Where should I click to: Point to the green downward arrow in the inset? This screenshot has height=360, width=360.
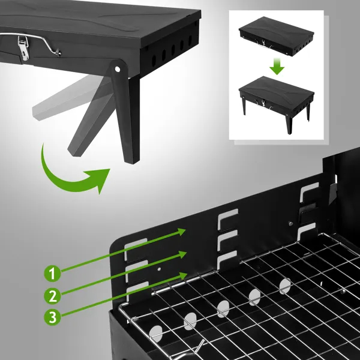[x=277, y=65]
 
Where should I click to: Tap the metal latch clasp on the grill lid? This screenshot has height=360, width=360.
[x=23, y=47]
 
